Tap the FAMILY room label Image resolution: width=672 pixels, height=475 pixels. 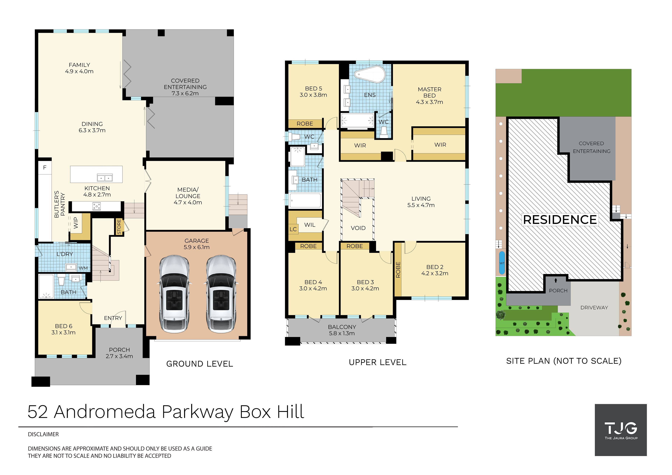[x=79, y=65]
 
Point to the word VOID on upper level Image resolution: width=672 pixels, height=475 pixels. [x=358, y=228]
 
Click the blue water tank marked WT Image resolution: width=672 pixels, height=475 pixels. [x=502, y=263]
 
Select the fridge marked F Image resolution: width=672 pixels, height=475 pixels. [x=45, y=167]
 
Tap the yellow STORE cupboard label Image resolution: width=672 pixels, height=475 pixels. [x=119, y=227]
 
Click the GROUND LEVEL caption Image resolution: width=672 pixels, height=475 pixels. [x=200, y=364]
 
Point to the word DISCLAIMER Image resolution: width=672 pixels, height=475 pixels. [x=43, y=434]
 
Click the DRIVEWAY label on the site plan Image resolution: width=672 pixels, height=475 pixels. [x=594, y=308]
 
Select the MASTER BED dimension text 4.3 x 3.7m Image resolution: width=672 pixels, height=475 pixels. [x=429, y=102]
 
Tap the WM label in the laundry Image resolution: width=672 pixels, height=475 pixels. [x=83, y=268]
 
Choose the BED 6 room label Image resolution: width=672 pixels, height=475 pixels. [x=64, y=326]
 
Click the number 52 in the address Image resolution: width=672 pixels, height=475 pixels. [x=38, y=412]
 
